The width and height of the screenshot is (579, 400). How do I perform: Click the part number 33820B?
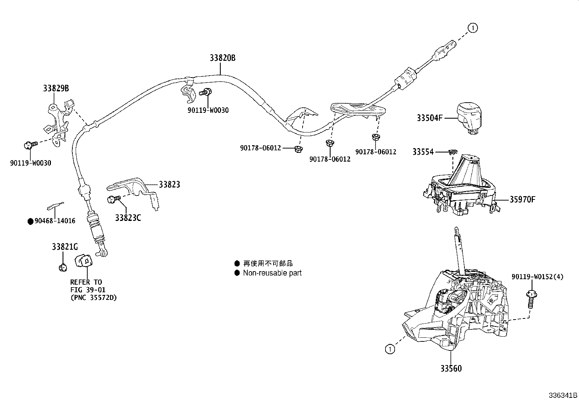[222, 58]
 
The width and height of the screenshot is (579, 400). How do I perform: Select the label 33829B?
[56, 88]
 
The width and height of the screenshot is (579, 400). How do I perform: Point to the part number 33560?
[451, 368]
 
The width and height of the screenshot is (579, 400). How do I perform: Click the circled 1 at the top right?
[472, 28]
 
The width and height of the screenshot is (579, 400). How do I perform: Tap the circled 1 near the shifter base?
[390, 349]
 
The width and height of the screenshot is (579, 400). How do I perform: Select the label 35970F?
[522, 199]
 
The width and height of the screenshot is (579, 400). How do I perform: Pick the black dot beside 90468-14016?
[31, 221]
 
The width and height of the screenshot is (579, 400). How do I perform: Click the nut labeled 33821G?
[63, 268]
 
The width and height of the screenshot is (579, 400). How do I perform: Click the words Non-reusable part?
[272, 273]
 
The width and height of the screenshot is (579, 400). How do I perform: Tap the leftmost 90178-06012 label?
[260, 148]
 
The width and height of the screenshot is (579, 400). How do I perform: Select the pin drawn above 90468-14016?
[55, 206]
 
